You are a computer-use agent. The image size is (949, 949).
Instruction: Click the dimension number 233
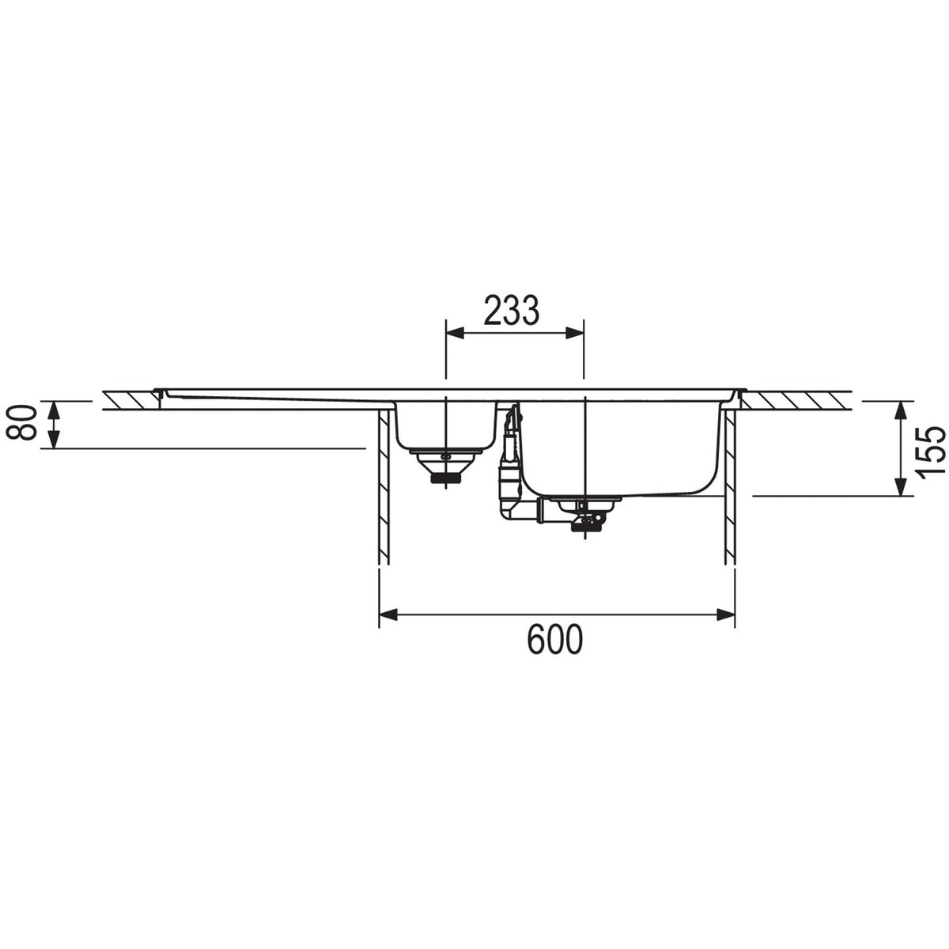tap(511, 311)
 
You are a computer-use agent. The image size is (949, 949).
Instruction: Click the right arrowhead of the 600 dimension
tap(725, 614)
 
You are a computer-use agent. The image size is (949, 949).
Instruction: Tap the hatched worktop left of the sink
tap(130, 400)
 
